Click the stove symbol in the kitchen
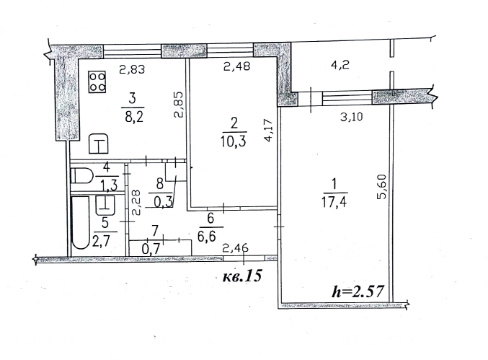point(97,82)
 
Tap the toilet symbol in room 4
point(82,175)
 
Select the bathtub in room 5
point(80,222)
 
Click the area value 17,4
point(334,203)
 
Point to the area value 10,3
point(234,141)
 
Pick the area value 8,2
point(134,117)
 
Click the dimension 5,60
point(382,186)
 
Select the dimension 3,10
point(351,117)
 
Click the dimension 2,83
point(132,69)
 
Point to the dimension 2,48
point(237,66)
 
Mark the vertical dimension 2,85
point(178,105)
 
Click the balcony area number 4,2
point(340,65)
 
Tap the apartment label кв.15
point(242,276)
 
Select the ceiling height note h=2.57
point(358,291)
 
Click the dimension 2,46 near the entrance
point(236,248)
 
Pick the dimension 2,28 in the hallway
point(136,203)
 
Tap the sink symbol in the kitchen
point(99,144)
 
